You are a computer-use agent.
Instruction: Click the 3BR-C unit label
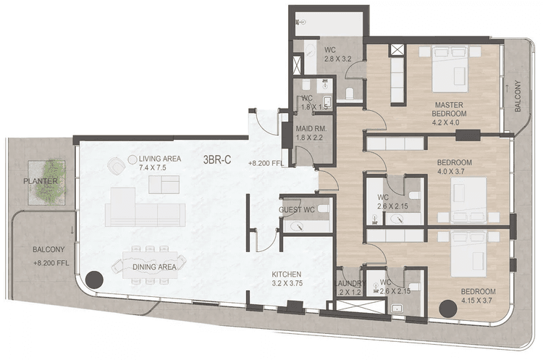tap(216, 161)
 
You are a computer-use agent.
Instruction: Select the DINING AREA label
tap(155, 267)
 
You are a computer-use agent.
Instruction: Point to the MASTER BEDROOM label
tap(448, 109)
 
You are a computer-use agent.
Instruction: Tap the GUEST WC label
tap(295, 211)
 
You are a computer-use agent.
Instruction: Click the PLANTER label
tap(40, 180)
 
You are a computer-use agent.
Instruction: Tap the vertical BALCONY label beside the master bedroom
tap(518, 96)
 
